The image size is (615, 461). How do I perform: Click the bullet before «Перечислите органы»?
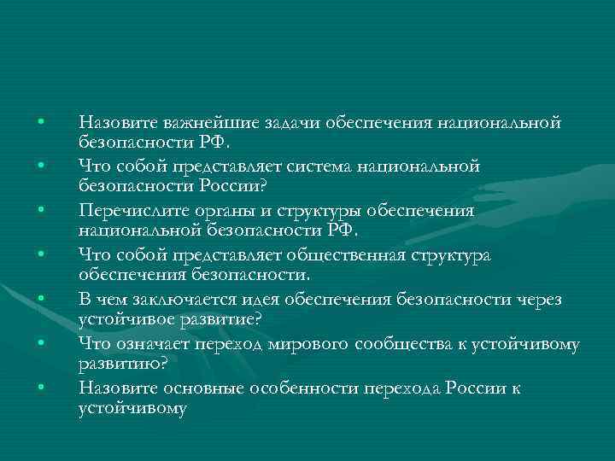click(x=40, y=207)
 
